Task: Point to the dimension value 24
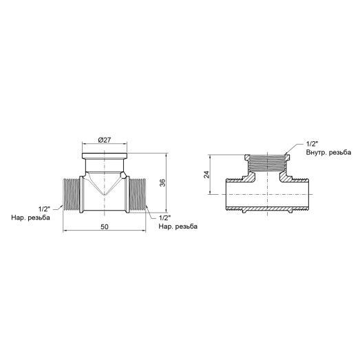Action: pos(207,175)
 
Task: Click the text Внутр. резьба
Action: pos(330,153)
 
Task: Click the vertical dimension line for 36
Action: pos(168,183)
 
